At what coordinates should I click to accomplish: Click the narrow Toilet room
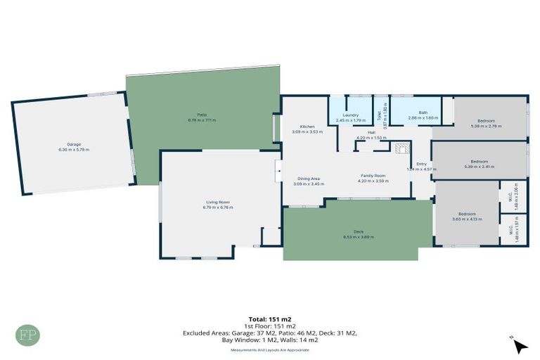[380, 115]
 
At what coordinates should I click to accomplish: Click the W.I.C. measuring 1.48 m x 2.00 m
[513, 197]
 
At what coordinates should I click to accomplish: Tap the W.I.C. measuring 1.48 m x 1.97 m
[513, 229]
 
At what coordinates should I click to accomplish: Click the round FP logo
[28, 335]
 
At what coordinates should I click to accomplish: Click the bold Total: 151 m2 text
[270, 319]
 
